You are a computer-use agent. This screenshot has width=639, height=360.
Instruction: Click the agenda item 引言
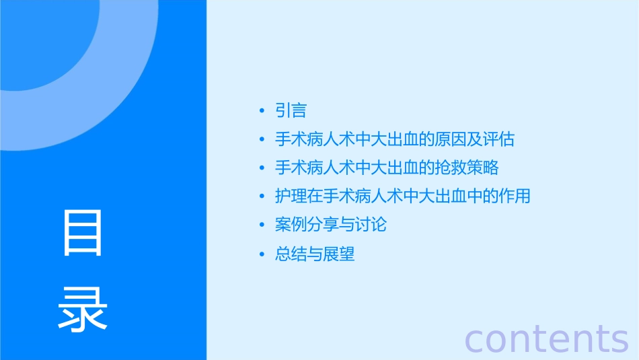click(x=291, y=110)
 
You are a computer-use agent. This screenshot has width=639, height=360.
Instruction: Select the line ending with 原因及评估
click(x=395, y=139)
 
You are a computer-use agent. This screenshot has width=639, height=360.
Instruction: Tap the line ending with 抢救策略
click(x=387, y=168)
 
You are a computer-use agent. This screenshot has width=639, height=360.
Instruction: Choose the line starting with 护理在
click(x=403, y=196)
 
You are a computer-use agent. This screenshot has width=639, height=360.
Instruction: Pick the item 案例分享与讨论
click(x=331, y=225)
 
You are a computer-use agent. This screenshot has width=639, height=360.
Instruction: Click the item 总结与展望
click(x=315, y=254)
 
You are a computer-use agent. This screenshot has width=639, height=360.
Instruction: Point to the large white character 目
click(x=83, y=233)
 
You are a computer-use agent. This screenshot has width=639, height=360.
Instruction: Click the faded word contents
click(x=546, y=338)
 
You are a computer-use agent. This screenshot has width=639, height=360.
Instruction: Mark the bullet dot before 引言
click(x=262, y=111)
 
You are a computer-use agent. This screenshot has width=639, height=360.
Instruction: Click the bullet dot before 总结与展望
click(x=262, y=255)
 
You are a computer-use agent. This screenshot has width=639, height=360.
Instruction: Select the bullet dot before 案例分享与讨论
click(x=262, y=225)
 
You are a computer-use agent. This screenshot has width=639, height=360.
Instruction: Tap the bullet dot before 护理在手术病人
click(x=262, y=196)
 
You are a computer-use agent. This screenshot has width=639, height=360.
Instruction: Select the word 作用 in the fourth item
click(x=515, y=196)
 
